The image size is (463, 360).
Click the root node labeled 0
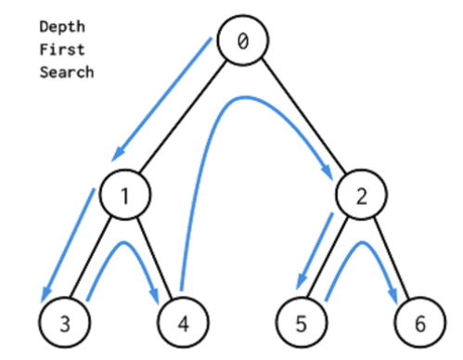click(243, 40)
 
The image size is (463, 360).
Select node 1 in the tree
click(125, 195)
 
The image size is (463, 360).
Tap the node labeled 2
click(361, 195)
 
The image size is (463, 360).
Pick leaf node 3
click(65, 323)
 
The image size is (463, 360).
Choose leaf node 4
click(184, 323)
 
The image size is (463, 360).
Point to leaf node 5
click(302, 323)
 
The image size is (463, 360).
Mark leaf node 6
click(420, 323)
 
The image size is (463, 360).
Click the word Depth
click(62, 27)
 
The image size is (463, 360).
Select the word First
click(62, 49)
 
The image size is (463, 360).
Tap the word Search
click(67, 72)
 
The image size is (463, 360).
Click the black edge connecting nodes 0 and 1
click(183, 116)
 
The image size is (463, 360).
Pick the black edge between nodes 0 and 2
click(303, 116)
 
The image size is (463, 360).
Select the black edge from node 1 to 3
click(90, 258)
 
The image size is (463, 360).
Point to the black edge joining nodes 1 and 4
click(155, 258)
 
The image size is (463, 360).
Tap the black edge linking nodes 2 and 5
click(328, 258)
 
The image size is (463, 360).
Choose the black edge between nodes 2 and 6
click(392, 258)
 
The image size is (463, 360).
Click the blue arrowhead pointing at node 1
click(118, 154)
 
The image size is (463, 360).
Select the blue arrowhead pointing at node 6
click(392, 295)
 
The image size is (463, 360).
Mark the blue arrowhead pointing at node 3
click(46, 293)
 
